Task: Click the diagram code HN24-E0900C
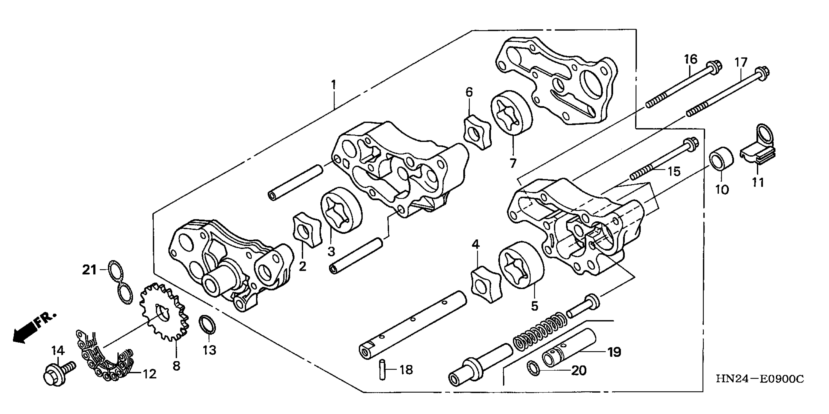point(760,379)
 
